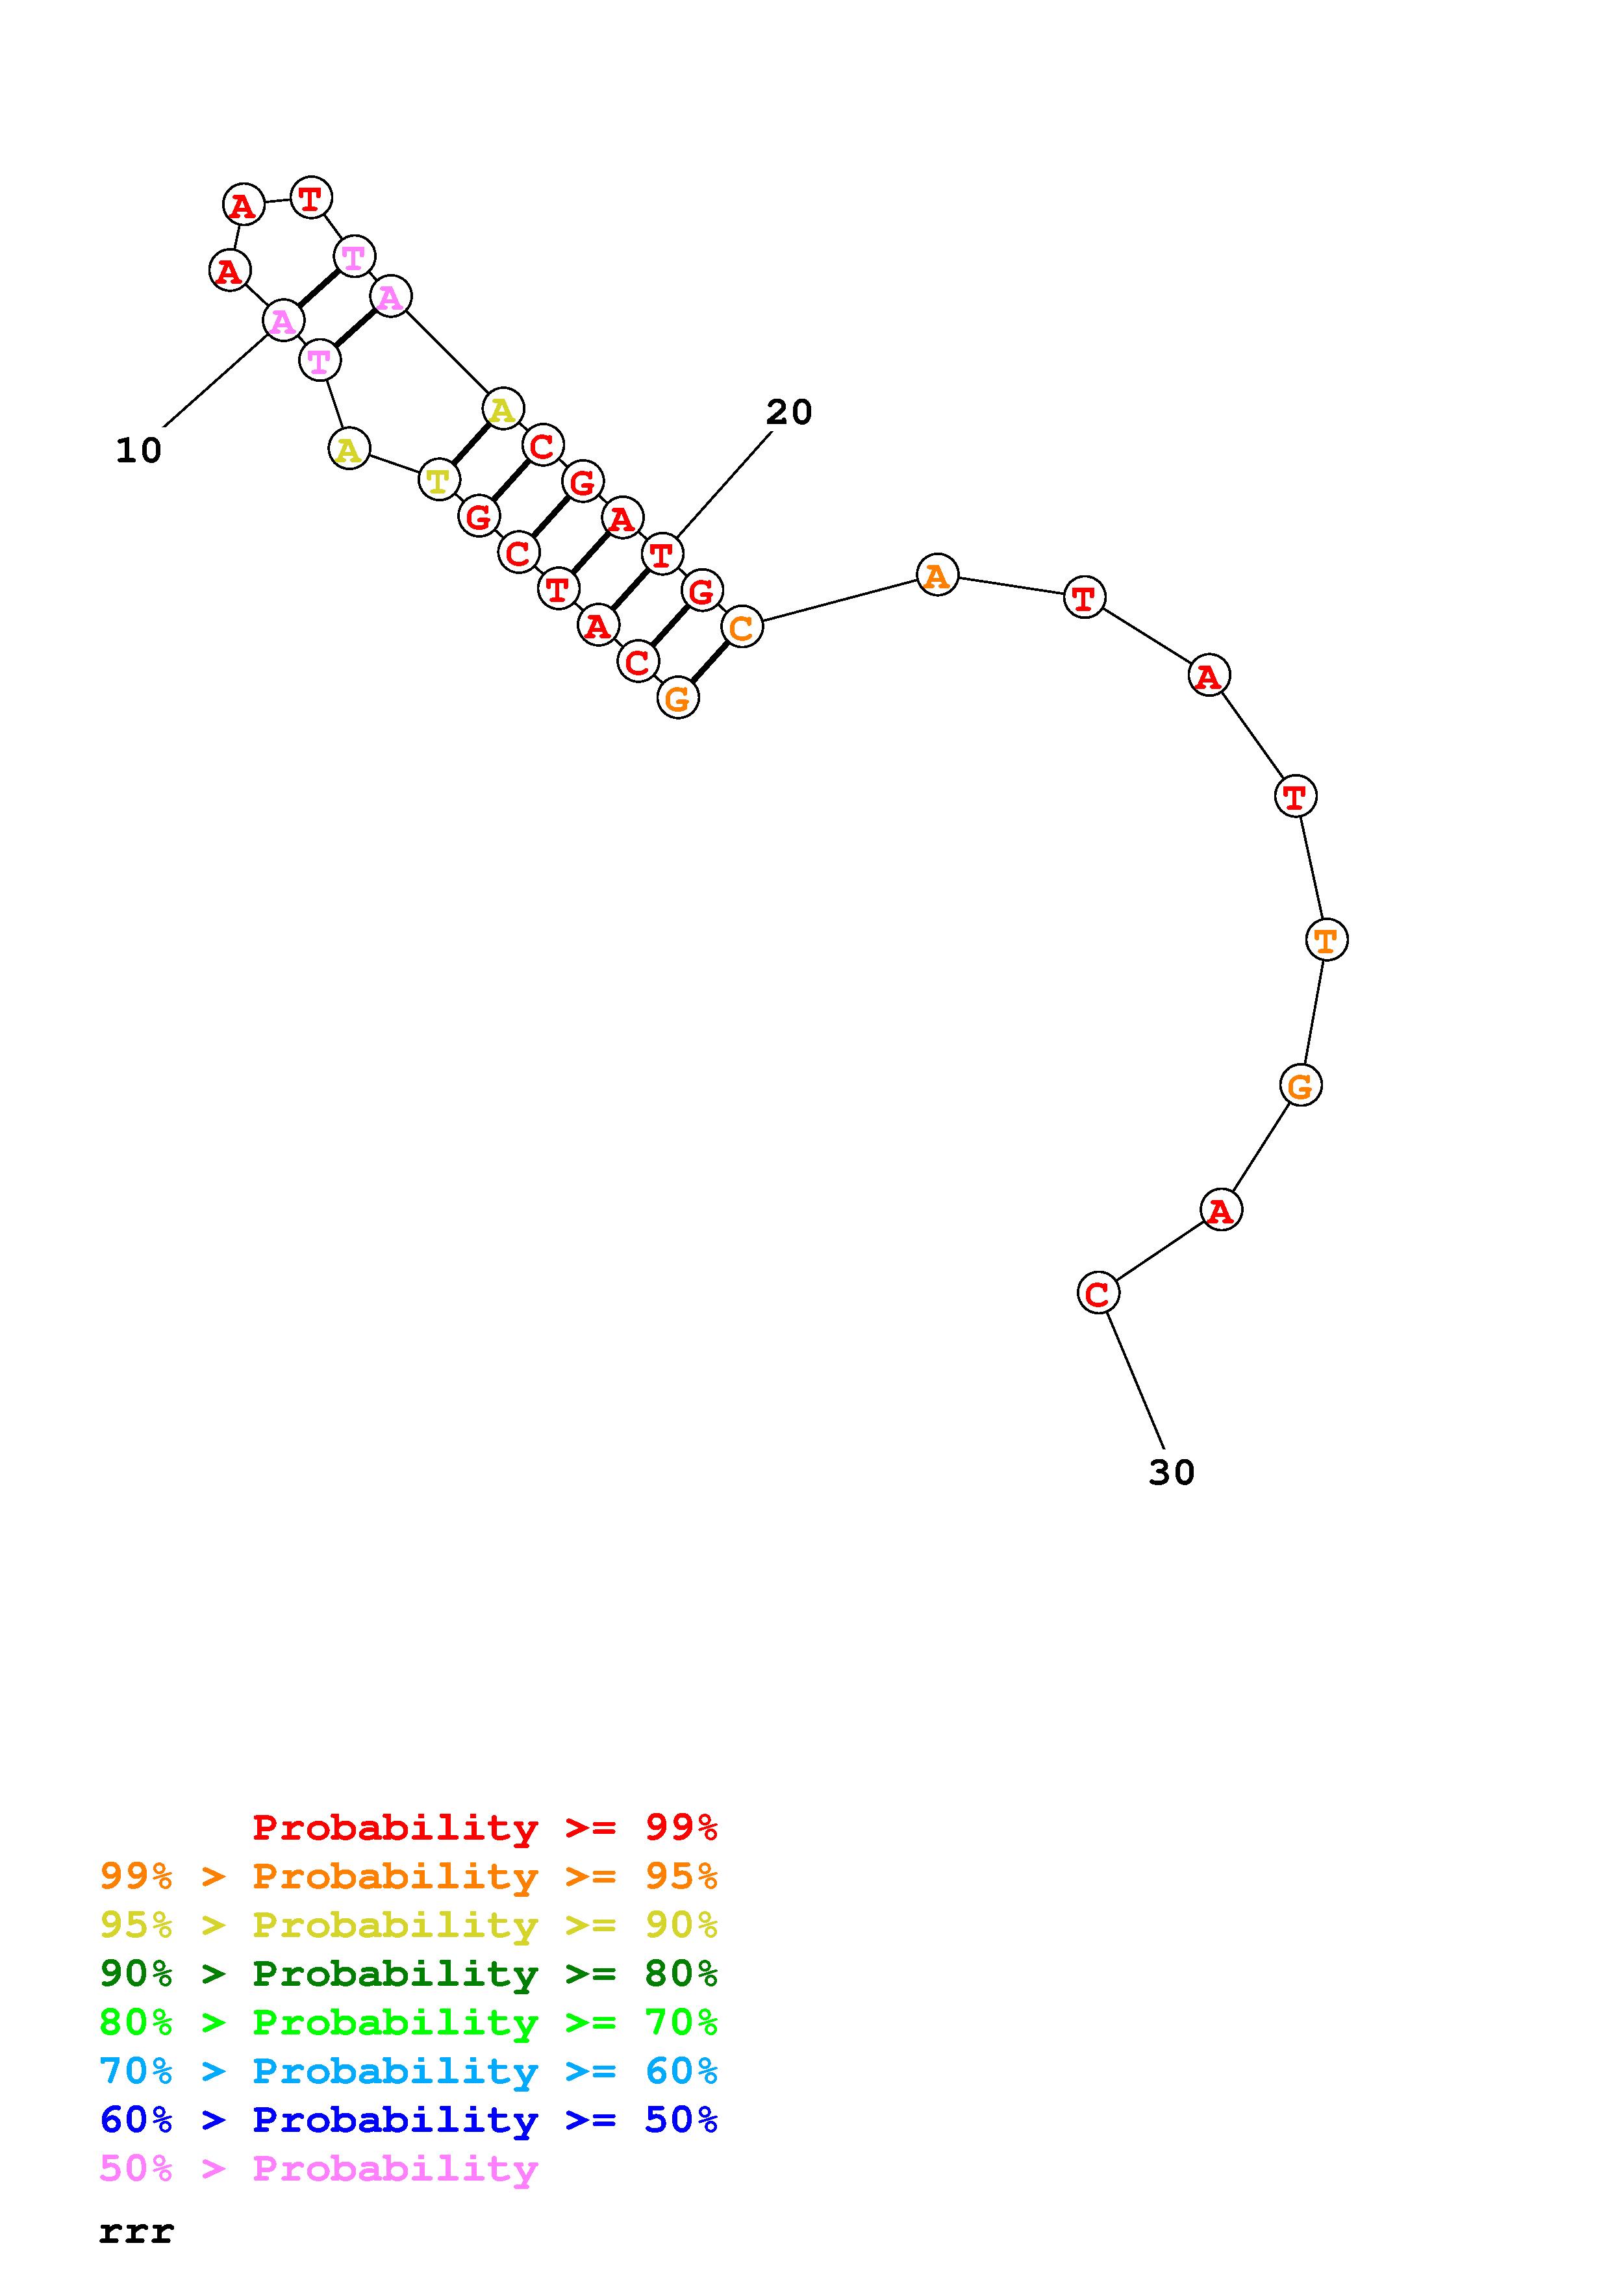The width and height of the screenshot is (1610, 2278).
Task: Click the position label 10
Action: (x=139, y=451)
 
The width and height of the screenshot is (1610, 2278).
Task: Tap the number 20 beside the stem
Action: (x=790, y=412)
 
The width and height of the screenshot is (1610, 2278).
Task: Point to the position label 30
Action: (x=1172, y=1472)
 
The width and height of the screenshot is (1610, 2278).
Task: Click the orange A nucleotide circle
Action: (x=937, y=575)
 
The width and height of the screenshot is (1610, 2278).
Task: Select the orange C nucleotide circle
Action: (x=742, y=627)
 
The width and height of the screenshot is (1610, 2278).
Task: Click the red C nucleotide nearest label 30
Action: (x=1097, y=1293)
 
